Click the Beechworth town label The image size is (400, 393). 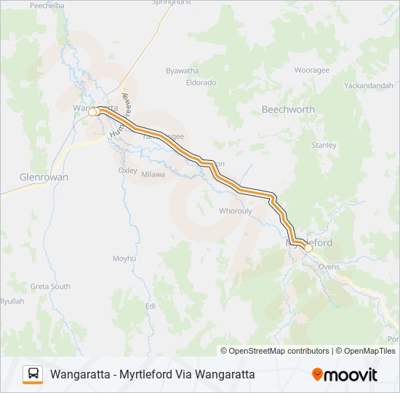click(x=288, y=109)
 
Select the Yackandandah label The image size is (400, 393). click(x=369, y=85)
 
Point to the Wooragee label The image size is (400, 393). click(x=311, y=71)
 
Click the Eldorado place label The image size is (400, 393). click(x=201, y=82)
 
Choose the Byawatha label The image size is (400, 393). click(x=182, y=71)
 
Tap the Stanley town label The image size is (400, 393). click(x=324, y=145)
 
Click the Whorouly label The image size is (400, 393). click(x=235, y=211)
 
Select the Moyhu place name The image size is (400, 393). click(x=124, y=258)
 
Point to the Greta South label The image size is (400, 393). click(x=50, y=287)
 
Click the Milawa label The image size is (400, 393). click(x=153, y=175)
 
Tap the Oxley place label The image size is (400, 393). click(x=127, y=170)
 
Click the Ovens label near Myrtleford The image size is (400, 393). click(x=329, y=267)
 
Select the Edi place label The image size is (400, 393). click(x=151, y=306)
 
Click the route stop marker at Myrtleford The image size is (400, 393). click(x=308, y=248)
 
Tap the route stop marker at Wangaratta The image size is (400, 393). click(x=92, y=112)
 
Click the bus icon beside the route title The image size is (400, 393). click(x=33, y=374)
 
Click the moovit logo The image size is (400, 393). click(x=345, y=375)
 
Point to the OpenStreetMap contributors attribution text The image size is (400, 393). click(x=274, y=351)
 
